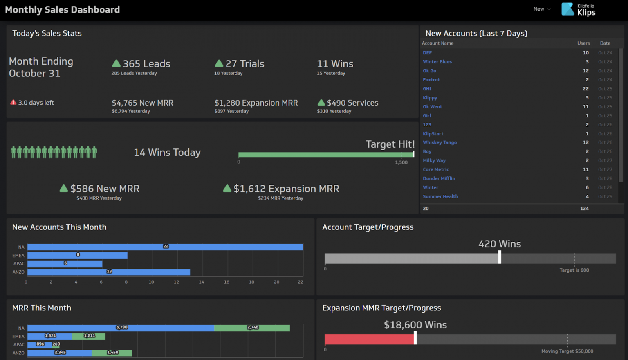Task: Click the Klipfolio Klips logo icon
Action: (x=567, y=9)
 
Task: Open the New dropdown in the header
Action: (x=542, y=9)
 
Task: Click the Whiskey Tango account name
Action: (x=440, y=143)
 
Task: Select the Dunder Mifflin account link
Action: (x=439, y=179)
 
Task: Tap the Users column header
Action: (x=583, y=43)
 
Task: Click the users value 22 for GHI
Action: (x=585, y=89)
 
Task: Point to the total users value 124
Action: (x=584, y=209)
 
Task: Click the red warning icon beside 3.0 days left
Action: (x=13, y=103)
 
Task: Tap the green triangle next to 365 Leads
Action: (x=116, y=63)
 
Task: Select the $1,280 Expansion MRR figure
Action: (x=256, y=103)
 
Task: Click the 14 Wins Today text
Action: (x=167, y=153)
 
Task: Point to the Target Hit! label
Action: (x=390, y=144)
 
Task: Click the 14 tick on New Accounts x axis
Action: (x=201, y=282)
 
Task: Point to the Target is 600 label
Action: (x=574, y=270)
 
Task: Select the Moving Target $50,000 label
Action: (x=567, y=351)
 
